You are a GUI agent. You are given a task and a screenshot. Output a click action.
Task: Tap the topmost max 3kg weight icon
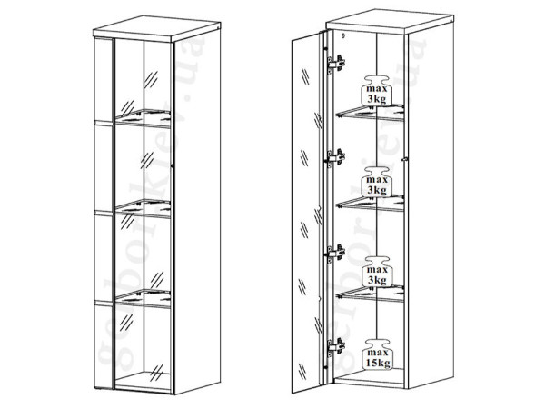pyautogui.click(x=377, y=90)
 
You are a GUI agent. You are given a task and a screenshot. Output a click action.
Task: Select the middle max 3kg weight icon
pyautogui.click(x=377, y=181)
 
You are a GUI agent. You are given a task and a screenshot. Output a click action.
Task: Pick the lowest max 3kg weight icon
pyautogui.click(x=377, y=272)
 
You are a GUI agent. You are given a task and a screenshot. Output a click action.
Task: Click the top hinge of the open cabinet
pyautogui.click(x=336, y=64)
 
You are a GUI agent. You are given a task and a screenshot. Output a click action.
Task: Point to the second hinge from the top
pyautogui.click(x=336, y=158)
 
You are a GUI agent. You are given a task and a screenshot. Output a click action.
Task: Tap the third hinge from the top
pyautogui.click(x=336, y=253)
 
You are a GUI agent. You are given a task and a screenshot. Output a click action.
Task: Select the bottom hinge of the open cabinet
pyautogui.click(x=336, y=347)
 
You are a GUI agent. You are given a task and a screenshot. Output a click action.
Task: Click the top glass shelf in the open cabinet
pyautogui.click(x=370, y=113)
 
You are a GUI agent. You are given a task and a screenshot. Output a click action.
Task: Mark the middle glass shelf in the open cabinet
pyautogui.click(x=370, y=204)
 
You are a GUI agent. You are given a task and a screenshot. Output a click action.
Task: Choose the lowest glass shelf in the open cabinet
pyautogui.click(x=370, y=294)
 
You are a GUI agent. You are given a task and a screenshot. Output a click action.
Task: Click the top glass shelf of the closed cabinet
pyautogui.click(x=143, y=118)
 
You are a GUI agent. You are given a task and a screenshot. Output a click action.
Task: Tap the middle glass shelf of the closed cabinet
pyautogui.click(x=143, y=208)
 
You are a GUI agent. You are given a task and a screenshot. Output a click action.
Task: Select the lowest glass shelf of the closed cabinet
pyautogui.click(x=143, y=298)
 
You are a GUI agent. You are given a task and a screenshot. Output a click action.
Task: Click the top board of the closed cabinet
pyautogui.click(x=157, y=28)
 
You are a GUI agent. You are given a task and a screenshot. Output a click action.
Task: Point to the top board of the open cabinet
pyautogui.click(x=390, y=22)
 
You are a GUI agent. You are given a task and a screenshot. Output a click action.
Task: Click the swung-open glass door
pyautogui.click(x=306, y=212)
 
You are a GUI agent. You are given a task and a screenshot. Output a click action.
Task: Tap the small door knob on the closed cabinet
pyautogui.click(x=173, y=166)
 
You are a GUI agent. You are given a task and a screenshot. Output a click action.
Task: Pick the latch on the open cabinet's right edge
pyautogui.click(x=404, y=158)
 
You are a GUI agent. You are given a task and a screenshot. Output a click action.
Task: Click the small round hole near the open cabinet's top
pyautogui.click(x=343, y=35)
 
